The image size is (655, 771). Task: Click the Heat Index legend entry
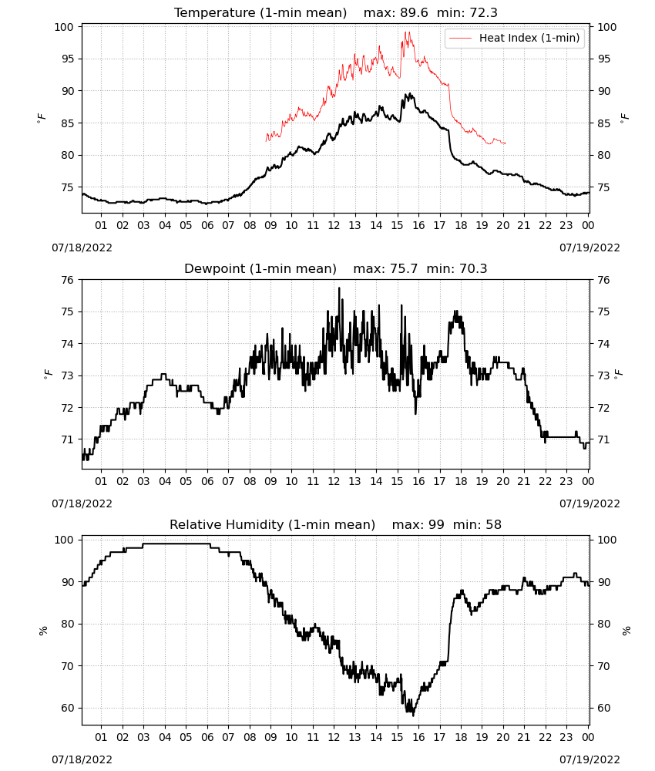[x=515, y=38]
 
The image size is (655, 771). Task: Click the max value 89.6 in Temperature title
[x=414, y=12]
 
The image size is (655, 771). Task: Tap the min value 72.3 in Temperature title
[x=483, y=12]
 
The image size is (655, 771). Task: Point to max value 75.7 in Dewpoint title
[x=404, y=269]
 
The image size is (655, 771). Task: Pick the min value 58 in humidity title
[x=493, y=524]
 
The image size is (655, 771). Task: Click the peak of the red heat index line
[x=406, y=32]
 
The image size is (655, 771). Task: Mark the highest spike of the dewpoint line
[x=339, y=288]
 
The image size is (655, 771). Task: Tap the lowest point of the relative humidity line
[x=413, y=715]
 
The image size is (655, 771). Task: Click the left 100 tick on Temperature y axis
[x=64, y=27]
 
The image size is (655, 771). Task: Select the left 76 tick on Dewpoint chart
[x=67, y=280]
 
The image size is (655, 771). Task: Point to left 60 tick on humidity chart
[x=67, y=708]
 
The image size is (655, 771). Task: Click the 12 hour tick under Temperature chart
[x=334, y=225]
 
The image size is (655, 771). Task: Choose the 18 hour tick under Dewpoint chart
[x=460, y=481]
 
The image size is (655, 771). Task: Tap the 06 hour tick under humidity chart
[x=207, y=737]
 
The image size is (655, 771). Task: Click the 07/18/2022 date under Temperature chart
[x=82, y=247]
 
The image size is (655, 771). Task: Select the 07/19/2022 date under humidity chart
[x=589, y=759]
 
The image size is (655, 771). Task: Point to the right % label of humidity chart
[x=626, y=631]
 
